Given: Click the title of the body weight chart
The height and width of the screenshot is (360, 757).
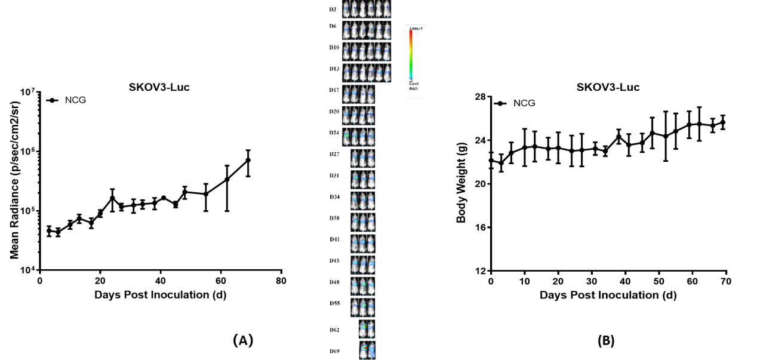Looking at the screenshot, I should [x=608, y=88].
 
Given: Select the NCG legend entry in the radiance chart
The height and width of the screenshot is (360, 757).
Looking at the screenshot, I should [x=75, y=100].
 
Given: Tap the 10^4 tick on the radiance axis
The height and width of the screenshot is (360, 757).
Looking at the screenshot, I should [x=27, y=270].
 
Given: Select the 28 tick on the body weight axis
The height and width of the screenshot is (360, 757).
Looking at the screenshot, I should [x=479, y=97].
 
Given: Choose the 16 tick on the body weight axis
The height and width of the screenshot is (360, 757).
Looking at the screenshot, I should [x=479, y=227].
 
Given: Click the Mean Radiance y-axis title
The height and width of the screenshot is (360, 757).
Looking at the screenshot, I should [x=15, y=180].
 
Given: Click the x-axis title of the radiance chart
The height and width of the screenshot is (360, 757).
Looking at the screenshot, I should [x=160, y=295].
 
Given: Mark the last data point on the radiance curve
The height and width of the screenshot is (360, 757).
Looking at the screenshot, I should [x=248, y=160].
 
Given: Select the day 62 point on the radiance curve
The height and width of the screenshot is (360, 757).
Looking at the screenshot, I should [x=227, y=179].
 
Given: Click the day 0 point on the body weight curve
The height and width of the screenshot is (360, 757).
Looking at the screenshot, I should [x=491, y=160].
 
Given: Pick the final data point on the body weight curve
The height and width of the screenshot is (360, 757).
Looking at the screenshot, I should [x=722, y=122].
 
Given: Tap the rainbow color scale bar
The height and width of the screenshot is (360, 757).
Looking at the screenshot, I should [x=410, y=55].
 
